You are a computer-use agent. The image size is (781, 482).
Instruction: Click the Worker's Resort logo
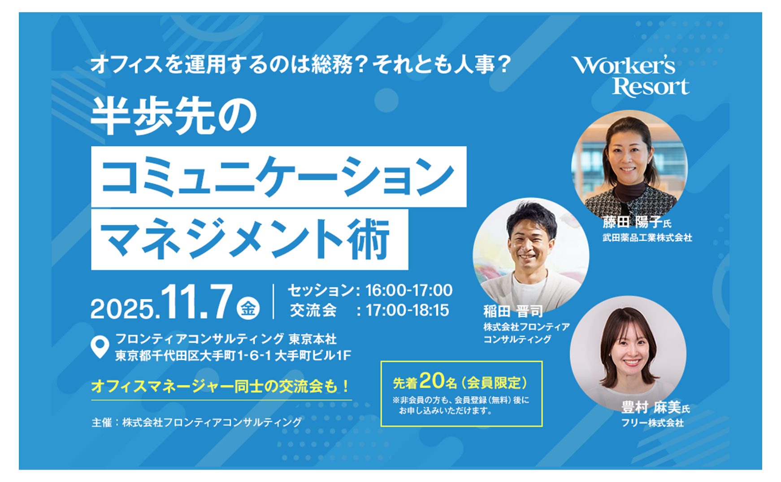tap(630, 76)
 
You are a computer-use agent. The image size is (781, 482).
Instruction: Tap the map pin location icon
tap(100, 348)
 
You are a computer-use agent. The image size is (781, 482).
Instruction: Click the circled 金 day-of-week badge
tap(248, 308)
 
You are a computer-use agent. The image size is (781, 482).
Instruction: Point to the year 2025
tap(123, 309)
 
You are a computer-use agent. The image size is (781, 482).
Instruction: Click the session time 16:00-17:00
tap(409, 290)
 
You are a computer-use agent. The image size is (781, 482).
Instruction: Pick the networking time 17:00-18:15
tap(407, 310)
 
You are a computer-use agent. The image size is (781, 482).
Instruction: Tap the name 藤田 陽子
tap(632, 222)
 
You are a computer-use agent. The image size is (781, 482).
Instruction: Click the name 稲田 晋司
tap(513, 311)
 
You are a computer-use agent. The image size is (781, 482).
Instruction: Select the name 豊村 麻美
tap(651, 408)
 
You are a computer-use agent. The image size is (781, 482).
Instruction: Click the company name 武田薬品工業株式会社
tap(647, 238)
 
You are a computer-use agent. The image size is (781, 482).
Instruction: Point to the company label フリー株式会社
tap(652, 423)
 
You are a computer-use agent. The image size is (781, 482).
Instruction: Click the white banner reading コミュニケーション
tap(278, 176)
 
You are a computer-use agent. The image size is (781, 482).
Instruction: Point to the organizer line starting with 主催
tap(196, 422)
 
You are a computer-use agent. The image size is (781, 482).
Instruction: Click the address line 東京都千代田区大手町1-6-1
tap(194, 356)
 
